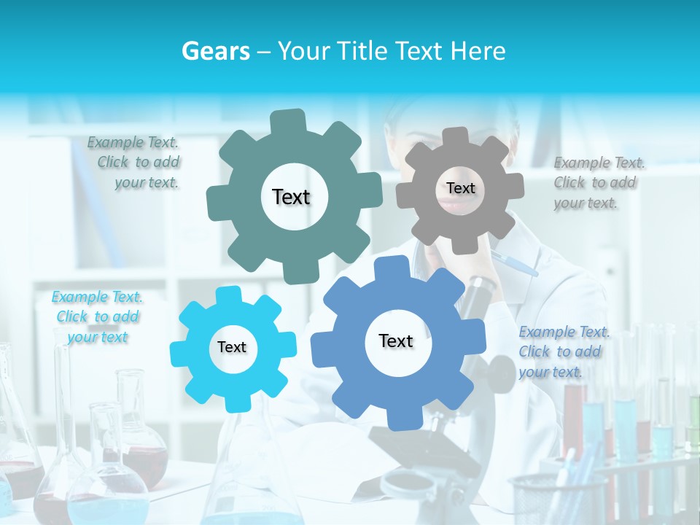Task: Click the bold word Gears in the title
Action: [215, 51]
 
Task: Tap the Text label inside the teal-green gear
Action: [291, 197]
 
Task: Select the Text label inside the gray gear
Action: [460, 188]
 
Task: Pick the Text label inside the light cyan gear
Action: [232, 347]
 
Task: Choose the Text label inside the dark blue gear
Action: [396, 341]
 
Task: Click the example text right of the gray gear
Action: [596, 182]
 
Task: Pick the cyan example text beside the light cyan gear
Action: [98, 316]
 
